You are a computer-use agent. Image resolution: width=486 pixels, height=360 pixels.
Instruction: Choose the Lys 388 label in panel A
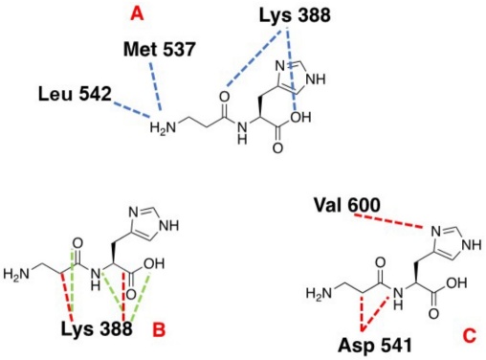[287, 15]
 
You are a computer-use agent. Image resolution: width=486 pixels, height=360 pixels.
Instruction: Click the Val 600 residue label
[350, 205]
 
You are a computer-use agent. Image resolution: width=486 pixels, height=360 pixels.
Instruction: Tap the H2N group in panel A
[165, 124]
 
